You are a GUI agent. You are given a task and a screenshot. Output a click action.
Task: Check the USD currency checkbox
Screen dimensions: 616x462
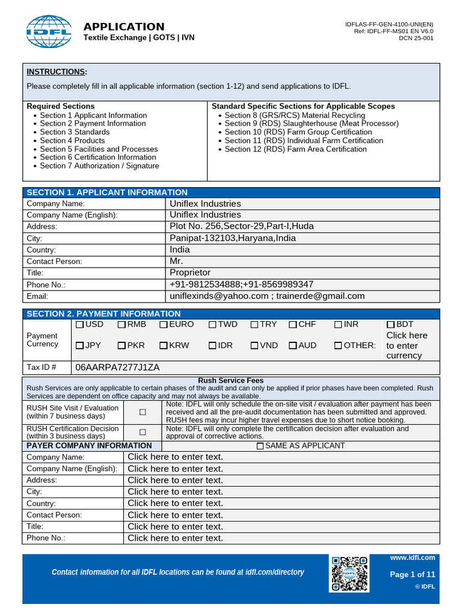tap(80, 325)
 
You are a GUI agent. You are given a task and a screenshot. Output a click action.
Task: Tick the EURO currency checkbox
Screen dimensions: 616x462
tap(164, 325)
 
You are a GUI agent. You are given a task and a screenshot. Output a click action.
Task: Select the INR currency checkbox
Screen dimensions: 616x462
tap(338, 325)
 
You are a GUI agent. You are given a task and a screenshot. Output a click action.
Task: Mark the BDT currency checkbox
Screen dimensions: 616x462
tap(390, 325)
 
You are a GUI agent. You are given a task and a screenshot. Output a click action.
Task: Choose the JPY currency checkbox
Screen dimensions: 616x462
tap(80, 346)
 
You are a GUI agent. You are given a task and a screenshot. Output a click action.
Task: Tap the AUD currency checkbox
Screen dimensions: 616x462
tap(293, 346)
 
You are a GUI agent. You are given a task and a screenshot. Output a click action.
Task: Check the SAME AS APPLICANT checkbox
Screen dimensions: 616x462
tap(260, 446)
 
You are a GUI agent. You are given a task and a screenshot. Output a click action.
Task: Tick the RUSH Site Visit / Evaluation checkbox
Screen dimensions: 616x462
tap(143, 413)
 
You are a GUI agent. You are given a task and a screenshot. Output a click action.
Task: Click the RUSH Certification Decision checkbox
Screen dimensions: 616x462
tap(143, 432)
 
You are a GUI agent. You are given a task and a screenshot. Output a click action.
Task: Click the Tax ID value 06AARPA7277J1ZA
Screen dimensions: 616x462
tap(117, 368)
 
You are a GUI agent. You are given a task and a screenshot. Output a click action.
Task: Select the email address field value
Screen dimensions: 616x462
tap(267, 296)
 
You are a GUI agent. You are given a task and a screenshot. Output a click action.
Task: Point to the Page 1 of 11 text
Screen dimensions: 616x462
tap(412, 574)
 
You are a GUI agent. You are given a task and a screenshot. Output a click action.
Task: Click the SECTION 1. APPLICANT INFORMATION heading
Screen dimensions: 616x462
tap(107, 192)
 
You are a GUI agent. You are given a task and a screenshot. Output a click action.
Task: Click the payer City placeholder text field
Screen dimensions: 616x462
tap(175, 491)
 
